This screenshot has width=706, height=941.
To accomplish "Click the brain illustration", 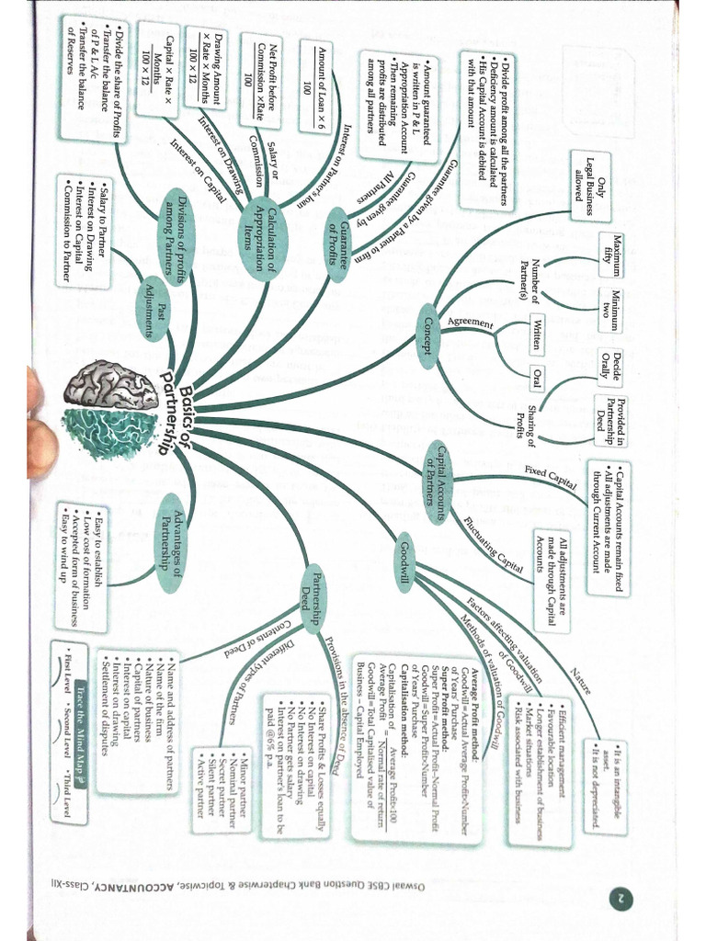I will click(114, 408).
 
